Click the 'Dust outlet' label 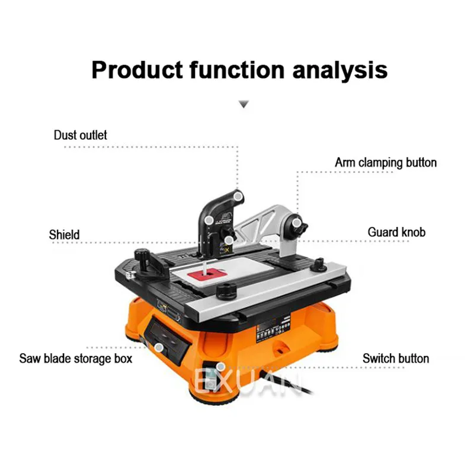(81, 135)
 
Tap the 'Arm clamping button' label (386, 162)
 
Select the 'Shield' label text (64, 235)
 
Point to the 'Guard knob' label (396, 232)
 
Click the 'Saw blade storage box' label (76, 358)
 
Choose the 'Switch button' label (396, 358)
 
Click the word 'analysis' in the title (340, 70)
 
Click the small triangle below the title (243, 105)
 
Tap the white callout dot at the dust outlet (238, 195)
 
